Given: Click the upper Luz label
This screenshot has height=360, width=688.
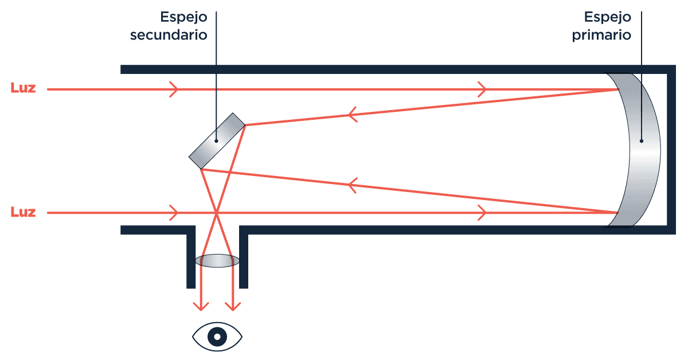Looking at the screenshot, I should [x=23, y=89].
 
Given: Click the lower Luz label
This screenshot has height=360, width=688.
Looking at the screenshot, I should [x=23, y=213].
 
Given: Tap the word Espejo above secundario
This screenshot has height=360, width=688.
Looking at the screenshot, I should [x=183, y=17].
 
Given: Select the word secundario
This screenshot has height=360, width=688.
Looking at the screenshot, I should [x=168, y=35].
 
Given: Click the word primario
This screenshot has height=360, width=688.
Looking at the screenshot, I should [x=601, y=35].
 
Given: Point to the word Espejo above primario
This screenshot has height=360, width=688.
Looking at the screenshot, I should [x=608, y=17].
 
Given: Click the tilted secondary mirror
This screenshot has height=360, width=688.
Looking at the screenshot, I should [x=217, y=138].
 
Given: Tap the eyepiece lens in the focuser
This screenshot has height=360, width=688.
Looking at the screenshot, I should [x=217, y=261].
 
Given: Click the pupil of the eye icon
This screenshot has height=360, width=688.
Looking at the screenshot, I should [x=217, y=336].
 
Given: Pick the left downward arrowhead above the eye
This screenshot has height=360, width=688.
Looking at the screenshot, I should [x=201, y=307].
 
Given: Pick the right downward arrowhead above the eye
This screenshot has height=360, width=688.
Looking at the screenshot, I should [x=233, y=307].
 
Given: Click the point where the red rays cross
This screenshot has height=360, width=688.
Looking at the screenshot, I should [x=217, y=213].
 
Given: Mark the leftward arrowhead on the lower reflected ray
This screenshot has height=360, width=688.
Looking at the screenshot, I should [x=354, y=186].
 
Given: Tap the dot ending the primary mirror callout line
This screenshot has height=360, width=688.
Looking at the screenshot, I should [x=642, y=140].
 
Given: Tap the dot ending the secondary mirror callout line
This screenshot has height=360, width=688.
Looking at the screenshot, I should [x=217, y=140].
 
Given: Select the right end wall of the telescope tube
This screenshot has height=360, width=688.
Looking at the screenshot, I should [x=671, y=149].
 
